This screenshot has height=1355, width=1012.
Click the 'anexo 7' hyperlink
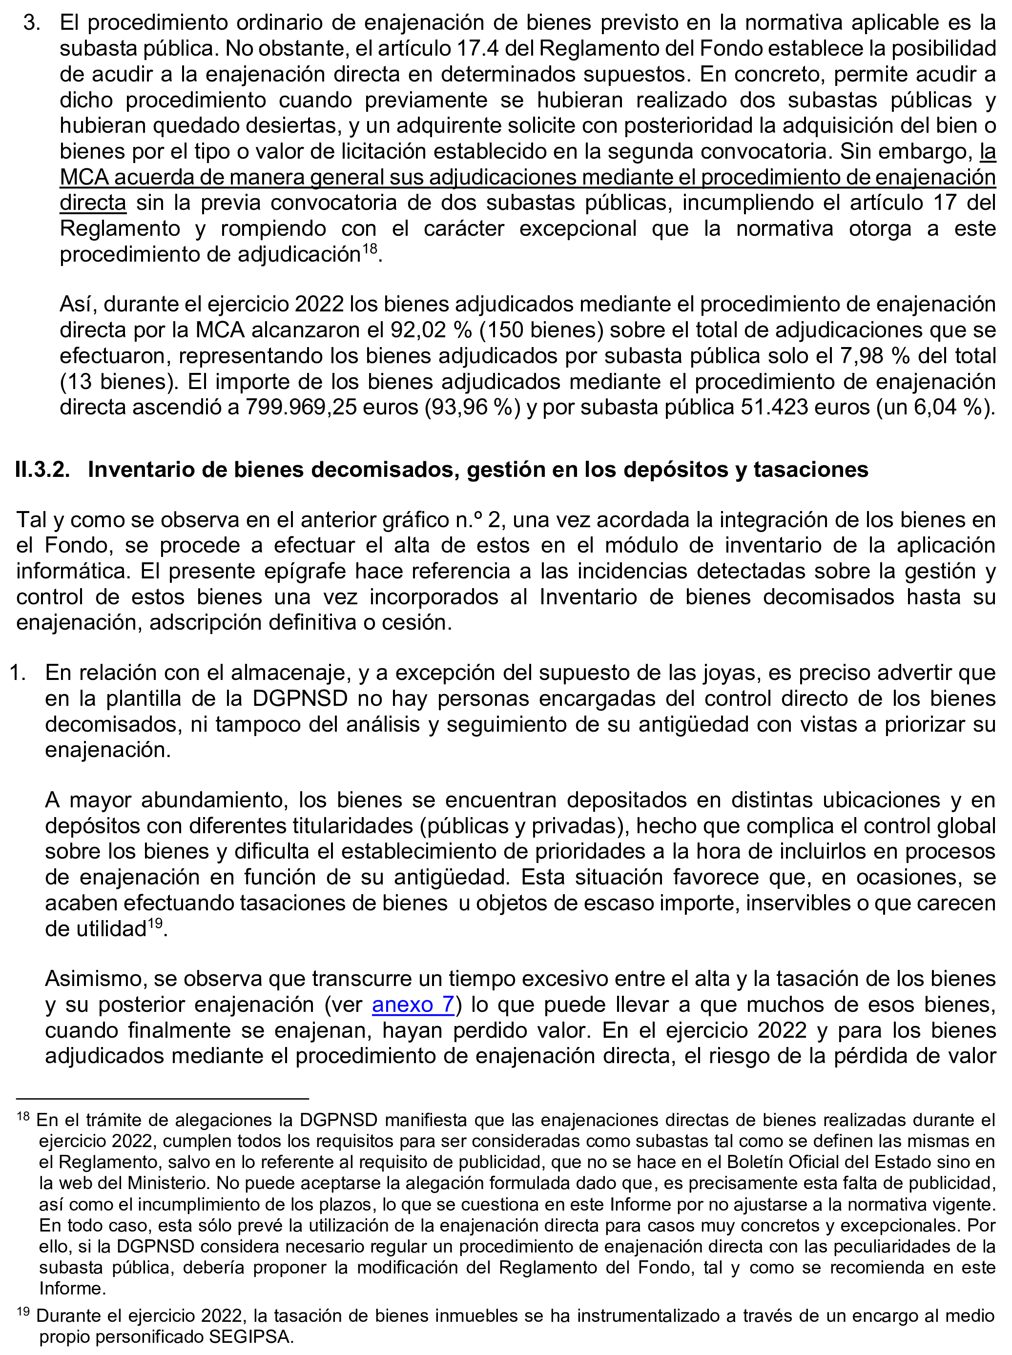413,1005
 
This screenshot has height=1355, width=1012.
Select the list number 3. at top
32,22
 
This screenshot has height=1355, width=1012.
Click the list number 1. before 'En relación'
17,673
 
